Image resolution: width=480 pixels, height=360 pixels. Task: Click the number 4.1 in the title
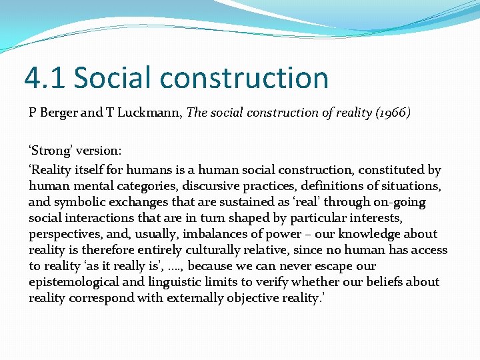[x=44, y=77]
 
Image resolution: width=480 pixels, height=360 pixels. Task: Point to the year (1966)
[x=391, y=113]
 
